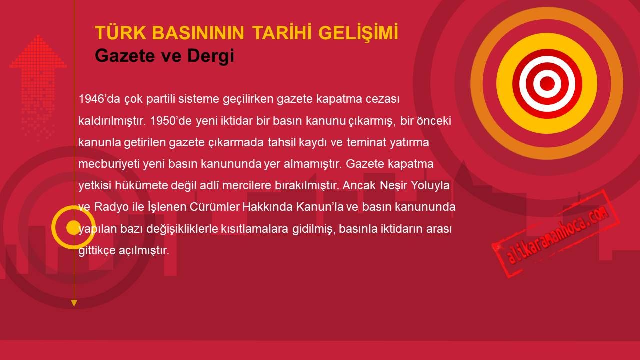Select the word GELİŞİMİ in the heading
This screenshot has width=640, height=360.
pyautogui.click(x=358, y=32)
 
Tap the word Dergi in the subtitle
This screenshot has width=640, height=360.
pyautogui.click(x=211, y=56)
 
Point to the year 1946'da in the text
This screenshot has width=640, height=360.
pyautogui.click(x=99, y=99)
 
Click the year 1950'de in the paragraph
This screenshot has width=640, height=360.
pyautogui.click(x=171, y=121)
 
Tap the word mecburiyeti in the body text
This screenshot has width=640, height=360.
pyautogui.click(x=109, y=164)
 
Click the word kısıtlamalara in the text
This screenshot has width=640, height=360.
pyautogui.click(x=255, y=229)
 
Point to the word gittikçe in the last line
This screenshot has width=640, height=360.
pyautogui.click(x=97, y=251)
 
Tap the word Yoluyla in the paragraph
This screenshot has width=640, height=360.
pyautogui.click(x=430, y=185)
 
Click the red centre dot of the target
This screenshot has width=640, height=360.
pyautogui.click(x=547, y=83)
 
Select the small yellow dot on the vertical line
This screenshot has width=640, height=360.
pyautogui.click(x=73, y=227)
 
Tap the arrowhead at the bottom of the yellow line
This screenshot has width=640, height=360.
pyautogui.click(x=74, y=303)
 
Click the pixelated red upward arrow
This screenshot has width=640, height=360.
pyautogui.click(x=38, y=85)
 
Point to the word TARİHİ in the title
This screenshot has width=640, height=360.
pyautogui.click(x=281, y=32)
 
